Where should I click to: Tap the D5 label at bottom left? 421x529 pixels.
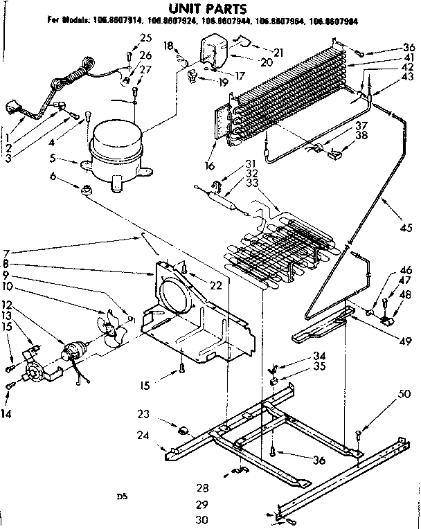[122, 496]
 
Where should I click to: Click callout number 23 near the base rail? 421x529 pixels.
[143, 415]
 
